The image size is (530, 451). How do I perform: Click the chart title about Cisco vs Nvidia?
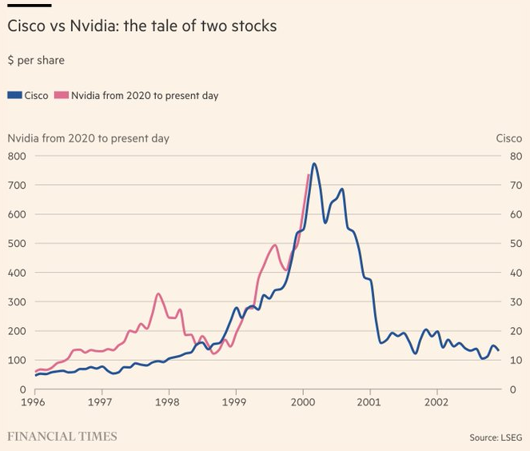pyautogui.click(x=141, y=26)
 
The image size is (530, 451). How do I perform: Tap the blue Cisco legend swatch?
pyautogui.click(x=14, y=95)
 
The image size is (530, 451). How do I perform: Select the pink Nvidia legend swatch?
pyautogui.click(x=62, y=95)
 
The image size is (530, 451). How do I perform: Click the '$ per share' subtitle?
pyautogui.click(x=36, y=61)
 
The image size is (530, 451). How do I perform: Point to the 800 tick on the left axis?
pyautogui.click(x=17, y=156)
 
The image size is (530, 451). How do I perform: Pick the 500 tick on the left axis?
pyautogui.click(x=17, y=243)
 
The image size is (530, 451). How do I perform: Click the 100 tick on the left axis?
pyautogui.click(x=17, y=360)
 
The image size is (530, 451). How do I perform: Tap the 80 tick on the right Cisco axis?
pyautogui.click(x=515, y=156)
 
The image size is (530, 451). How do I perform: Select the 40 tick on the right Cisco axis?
pyautogui.click(x=515, y=273)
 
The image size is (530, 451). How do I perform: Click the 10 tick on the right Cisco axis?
pyautogui.click(x=515, y=360)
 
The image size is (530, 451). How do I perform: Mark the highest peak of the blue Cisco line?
pyautogui.click(x=314, y=164)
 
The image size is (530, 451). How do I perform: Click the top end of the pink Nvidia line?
pyautogui.click(x=309, y=175)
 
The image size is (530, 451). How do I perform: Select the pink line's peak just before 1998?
pyautogui.click(x=158, y=294)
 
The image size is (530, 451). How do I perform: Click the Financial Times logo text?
pyautogui.click(x=62, y=437)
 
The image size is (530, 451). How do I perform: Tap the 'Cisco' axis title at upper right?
pyautogui.click(x=508, y=138)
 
